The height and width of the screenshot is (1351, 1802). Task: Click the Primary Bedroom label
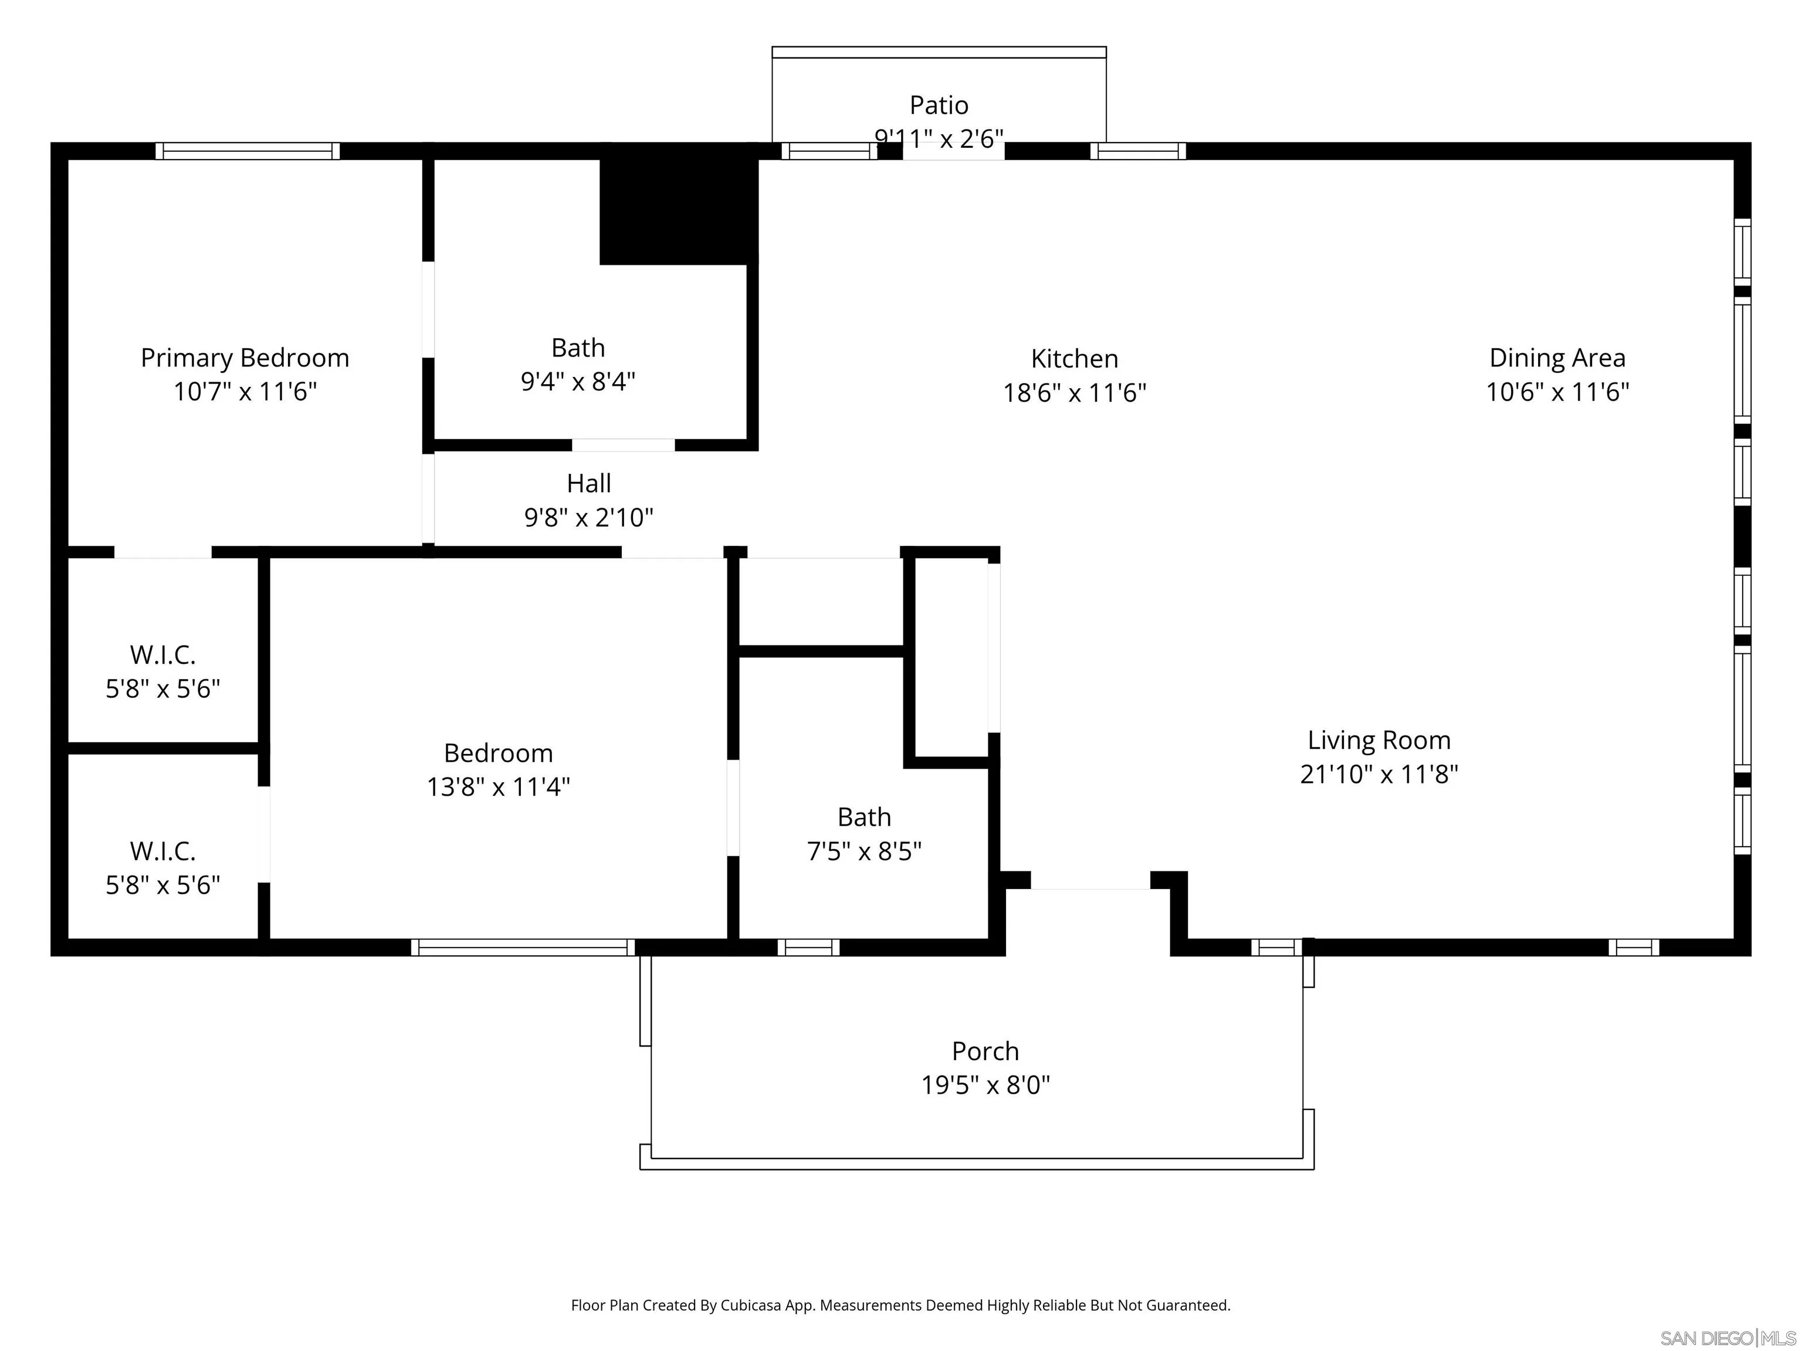coord(245,358)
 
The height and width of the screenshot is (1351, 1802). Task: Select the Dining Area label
coord(1557,358)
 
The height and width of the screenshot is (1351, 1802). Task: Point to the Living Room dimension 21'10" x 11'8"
coord(1378,773)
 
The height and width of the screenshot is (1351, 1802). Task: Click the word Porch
coord(985,1051)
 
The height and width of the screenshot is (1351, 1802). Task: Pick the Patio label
coord(939,105)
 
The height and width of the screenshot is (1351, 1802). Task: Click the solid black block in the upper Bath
coord(678,208)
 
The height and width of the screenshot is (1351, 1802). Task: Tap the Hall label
coord(588,483)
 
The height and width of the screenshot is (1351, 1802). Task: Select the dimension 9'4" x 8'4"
coord(578,381)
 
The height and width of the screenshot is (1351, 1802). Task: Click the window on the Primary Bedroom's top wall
coord(248,151)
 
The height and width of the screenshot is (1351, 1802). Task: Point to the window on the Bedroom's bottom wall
coord(522,947)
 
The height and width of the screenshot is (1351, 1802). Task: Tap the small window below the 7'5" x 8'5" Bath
coord(808,947)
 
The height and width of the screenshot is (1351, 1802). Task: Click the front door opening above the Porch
coord(1090,882)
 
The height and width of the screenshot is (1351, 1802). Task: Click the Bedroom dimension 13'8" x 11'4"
coord(498,787)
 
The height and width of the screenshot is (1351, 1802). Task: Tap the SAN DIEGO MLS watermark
coord(1727,1338)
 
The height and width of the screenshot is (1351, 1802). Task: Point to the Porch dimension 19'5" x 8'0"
coord(985,1085)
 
